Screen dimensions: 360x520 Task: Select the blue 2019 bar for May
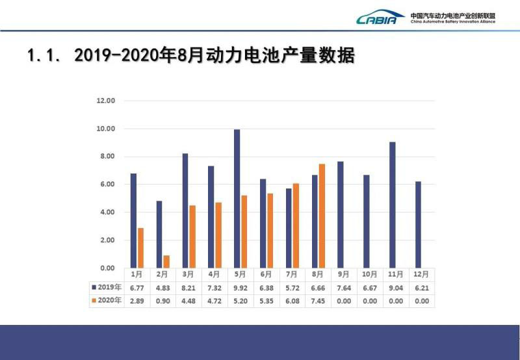tap(237, 198)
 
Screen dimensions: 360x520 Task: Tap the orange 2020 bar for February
tap(166, 261)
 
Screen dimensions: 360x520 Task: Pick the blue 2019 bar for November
tap(393, 205)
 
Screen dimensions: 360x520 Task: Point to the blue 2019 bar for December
tap(418, 224)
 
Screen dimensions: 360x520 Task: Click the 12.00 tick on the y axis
tap(105, 101)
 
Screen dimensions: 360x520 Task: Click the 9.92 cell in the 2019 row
tap(240, 287)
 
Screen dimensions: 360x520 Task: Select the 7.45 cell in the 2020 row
tap(318, 300)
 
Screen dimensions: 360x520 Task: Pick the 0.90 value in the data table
tap(162, 300)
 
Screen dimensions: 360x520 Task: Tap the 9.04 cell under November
tap(396, 287)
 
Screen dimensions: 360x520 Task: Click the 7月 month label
tap(292, 274)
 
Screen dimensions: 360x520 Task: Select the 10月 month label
tap(370, 274)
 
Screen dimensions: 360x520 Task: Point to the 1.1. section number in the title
tap(45, 56)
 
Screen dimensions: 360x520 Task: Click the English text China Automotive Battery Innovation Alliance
tap(453, 21)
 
